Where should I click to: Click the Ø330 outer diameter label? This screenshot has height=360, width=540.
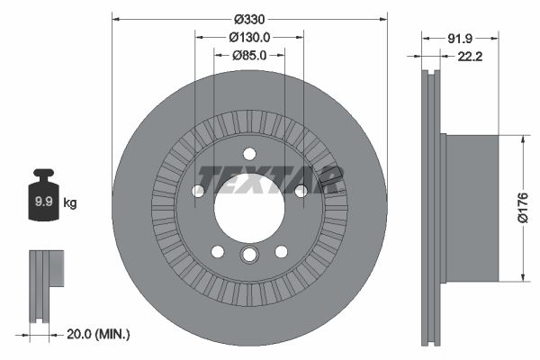[x=249, y=19]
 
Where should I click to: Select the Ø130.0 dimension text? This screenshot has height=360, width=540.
[x=249, y=37]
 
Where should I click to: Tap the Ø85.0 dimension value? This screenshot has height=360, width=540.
[x=249, y=55]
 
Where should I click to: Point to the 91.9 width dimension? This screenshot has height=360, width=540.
[x=460, y=38]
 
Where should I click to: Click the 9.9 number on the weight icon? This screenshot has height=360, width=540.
[x=42, y=202]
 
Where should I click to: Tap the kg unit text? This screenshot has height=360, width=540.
[x=70, y=203]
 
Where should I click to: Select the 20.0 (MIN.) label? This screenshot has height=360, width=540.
[x=98, y=334]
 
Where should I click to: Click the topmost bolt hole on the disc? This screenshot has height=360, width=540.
[x=249, y=154]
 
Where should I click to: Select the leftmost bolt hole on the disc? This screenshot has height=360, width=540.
[x=198, y=191]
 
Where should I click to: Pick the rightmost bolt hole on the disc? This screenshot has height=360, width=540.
[x=301, y=191]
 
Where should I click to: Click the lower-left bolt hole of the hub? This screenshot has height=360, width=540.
[x=218, y=251]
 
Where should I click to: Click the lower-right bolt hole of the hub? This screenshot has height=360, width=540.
[x=281, y=251]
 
